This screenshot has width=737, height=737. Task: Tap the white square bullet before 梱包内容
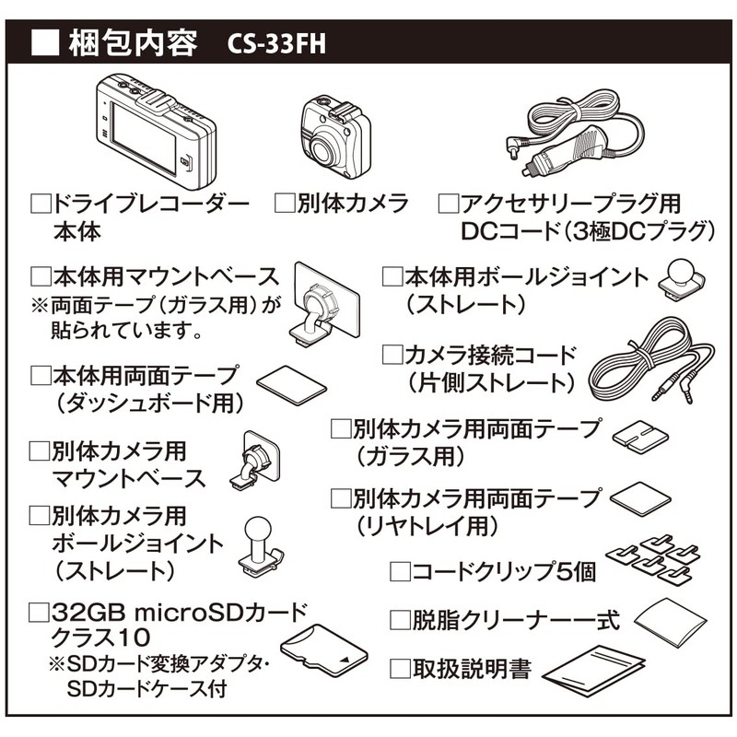tap(45, 42)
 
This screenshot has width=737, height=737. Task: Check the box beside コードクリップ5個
tap(399, 571)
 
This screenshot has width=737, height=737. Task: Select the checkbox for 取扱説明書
tap(399, 668)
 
